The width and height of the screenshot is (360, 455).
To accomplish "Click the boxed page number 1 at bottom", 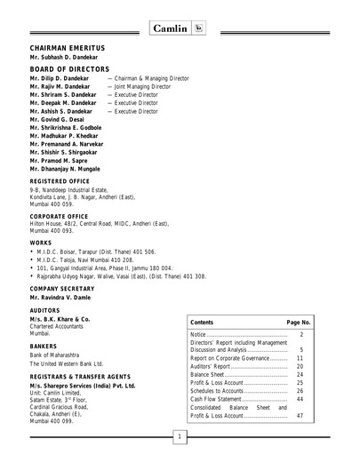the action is click(x=180, y=437).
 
